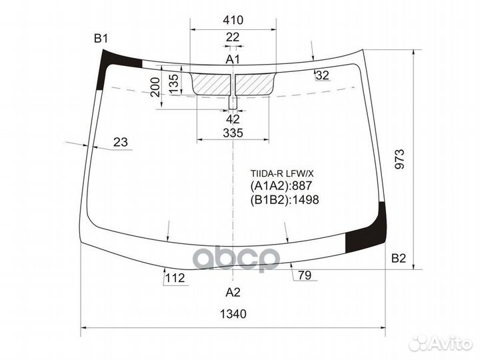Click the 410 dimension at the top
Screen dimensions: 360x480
(233, 20)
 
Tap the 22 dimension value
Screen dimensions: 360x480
(232, 37)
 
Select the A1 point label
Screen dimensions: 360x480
(232, 60)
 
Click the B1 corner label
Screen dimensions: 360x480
(100, 39)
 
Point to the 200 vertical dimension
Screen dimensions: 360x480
(155, 87)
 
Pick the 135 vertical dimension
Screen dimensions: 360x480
(173, 83)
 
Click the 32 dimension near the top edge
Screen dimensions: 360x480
(323, 75)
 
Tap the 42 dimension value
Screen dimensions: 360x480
(233, 119)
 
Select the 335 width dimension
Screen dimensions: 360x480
(233, 133)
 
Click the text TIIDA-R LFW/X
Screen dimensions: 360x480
(280, 173)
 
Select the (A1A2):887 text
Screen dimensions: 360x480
(281, 186)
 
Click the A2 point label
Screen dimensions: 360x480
(232, 293)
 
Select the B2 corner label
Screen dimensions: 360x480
(399, 259)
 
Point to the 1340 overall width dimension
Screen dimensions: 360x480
(232, 314)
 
